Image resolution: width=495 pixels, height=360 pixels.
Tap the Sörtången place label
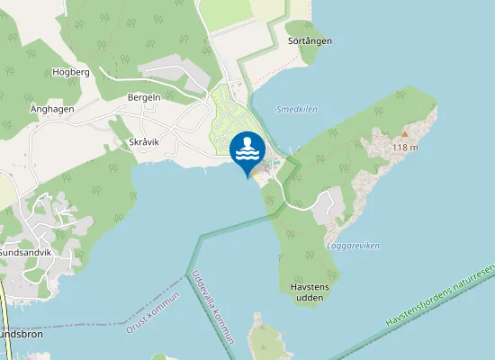coord(310,41)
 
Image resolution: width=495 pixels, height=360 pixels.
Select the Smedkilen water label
coord(298,109)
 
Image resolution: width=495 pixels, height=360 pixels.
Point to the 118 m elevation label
coord(406,147)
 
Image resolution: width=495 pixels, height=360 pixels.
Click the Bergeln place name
coord(144,96)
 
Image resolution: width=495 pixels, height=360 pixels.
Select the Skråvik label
coord(132,142)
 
